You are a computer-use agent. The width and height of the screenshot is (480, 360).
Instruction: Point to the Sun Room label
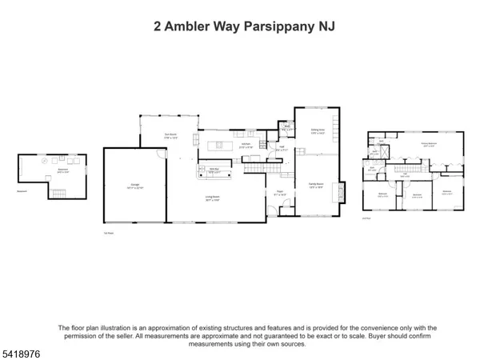pos(170,135)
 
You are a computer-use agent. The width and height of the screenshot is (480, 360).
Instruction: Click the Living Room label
pos(211,200)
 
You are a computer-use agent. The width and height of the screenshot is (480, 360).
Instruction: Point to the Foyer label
pos(282,192)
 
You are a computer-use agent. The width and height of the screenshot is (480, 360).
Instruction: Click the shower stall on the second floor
pos(382,143)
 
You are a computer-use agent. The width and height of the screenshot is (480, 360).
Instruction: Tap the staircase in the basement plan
pos(58,191)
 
